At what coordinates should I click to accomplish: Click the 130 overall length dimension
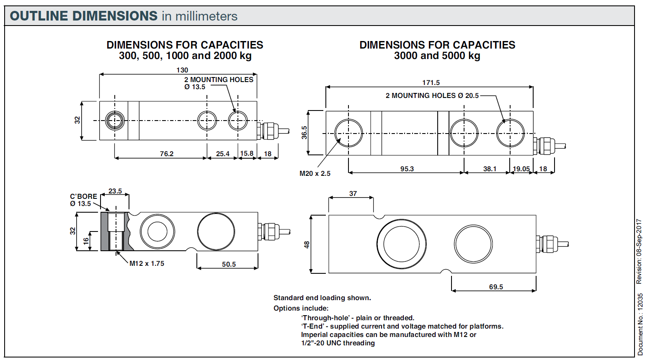pos(182,70)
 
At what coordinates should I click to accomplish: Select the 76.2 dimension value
pos(167,154)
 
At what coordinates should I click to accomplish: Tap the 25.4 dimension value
pos(223,154)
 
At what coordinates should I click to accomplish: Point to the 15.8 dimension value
pos(247,153)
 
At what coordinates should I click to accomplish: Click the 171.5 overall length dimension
pos(431,82)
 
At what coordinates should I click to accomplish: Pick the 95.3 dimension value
pos(407,169)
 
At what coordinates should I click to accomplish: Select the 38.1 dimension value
pos(490,169)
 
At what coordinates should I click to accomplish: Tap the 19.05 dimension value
pos(521,169)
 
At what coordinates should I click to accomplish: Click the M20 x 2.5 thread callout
pos(315,173)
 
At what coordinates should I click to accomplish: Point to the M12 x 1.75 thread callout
pos(147,263)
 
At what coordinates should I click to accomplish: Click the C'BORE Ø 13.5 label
pos(83,200)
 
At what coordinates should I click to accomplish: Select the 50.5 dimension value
pos(229,264)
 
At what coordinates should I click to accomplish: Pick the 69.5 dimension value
pos(496,287)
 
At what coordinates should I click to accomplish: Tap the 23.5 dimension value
pos(115,191)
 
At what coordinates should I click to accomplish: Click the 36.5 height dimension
pos(304,133)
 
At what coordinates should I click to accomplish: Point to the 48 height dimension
pos(307,244)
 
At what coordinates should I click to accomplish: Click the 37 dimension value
pos(353,193)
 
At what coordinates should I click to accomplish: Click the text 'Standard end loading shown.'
pos(322,298)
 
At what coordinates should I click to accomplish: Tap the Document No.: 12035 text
pos(640,324)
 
